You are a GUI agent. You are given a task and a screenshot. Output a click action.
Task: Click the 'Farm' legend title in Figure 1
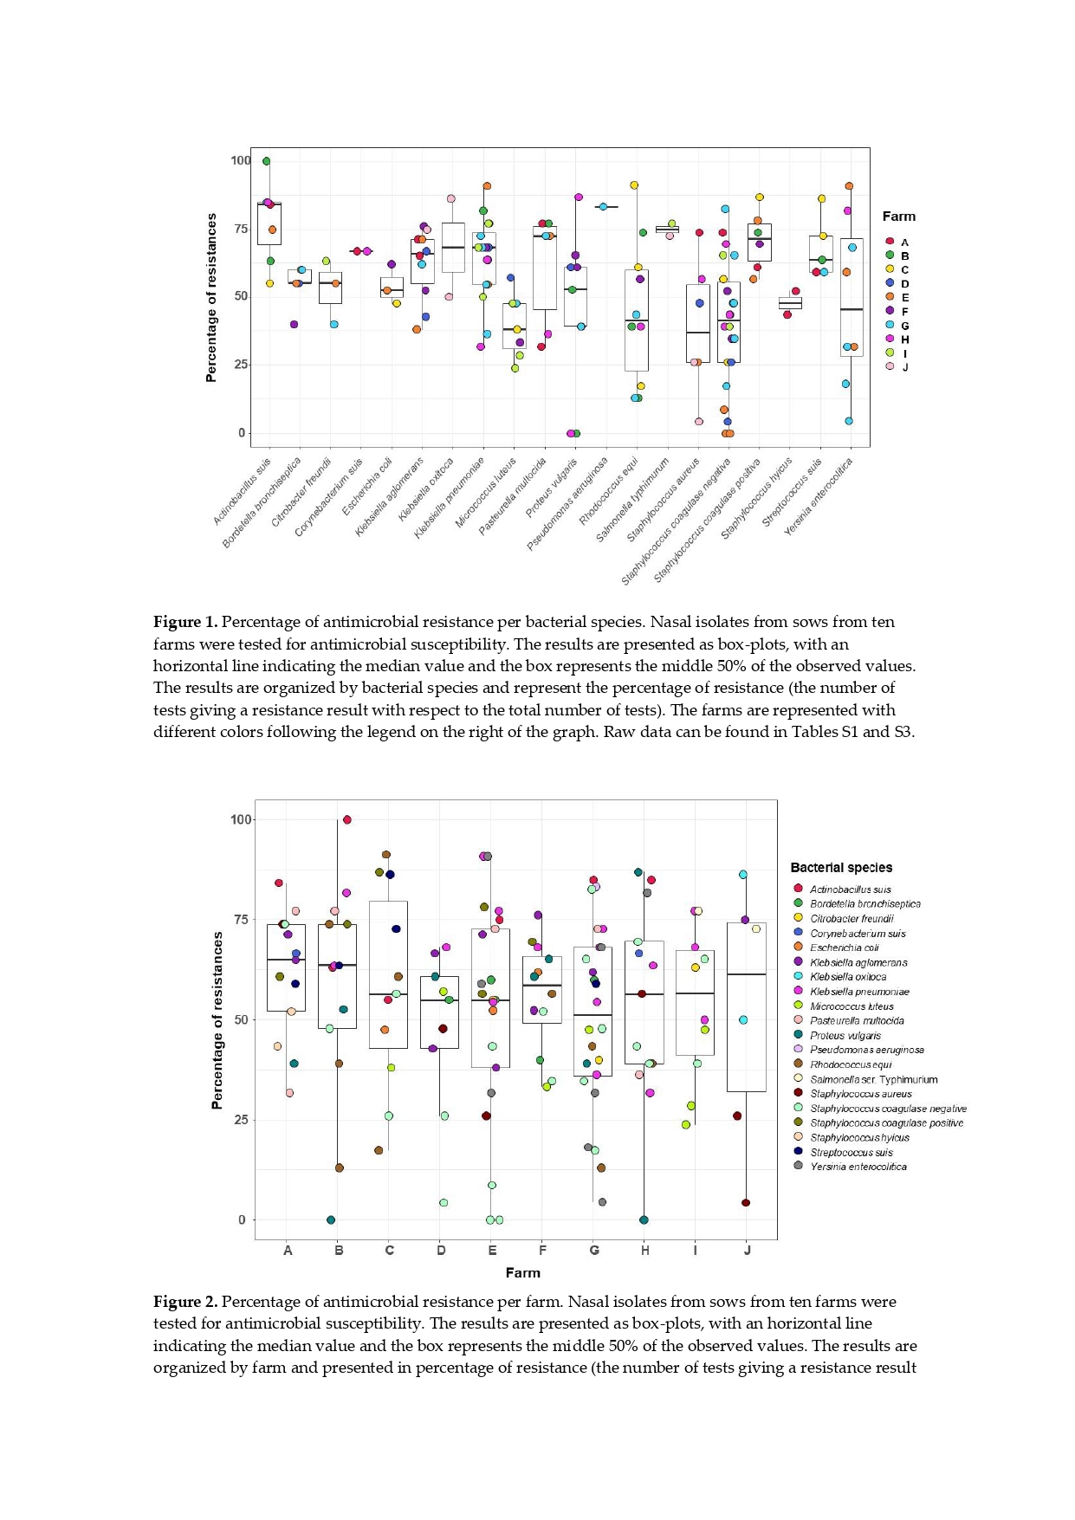coord(898,217)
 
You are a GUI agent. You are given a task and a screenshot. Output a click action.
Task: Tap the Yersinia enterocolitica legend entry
coord(858,1167)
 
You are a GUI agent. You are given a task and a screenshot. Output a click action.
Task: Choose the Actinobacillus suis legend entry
coord(850,889)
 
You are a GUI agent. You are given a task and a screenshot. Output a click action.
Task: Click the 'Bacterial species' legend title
coord(840,867)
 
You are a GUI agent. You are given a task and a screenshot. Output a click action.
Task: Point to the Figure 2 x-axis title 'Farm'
coord(522,1272)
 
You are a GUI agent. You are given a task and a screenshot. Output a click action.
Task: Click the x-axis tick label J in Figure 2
coord(747,1250)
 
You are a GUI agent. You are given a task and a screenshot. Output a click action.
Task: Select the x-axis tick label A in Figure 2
coord(288,1250)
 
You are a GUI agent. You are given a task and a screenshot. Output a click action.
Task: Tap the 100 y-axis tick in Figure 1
coord(240,160)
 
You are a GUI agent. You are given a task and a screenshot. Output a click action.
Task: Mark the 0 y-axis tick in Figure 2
coord(242,1219)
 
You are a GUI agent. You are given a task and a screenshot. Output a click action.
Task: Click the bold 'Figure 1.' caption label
coord(185,622)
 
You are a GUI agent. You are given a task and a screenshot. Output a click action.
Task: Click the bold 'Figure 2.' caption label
coord(185,1302)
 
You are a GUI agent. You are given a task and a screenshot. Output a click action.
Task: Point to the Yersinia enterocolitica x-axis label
coord(819,496)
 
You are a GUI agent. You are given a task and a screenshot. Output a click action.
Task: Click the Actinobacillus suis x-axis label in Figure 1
coord(243,491)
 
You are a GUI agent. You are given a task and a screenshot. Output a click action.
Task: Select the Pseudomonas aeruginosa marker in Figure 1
coord(603,207)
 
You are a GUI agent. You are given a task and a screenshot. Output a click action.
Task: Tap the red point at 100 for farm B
coord(347,819)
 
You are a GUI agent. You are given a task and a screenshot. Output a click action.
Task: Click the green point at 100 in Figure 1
coord(267,161)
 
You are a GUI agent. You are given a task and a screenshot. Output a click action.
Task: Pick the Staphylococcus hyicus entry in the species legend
coord(858,1137)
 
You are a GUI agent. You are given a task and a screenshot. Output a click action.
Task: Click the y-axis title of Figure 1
coord(211,299)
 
